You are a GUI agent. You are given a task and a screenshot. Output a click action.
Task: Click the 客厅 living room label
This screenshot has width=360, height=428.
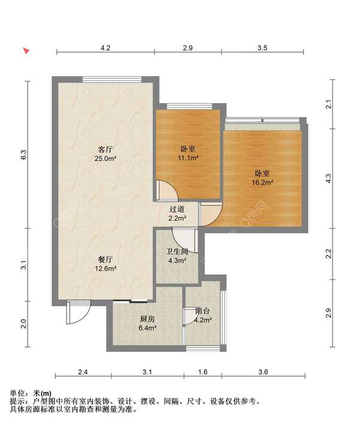(106, 149)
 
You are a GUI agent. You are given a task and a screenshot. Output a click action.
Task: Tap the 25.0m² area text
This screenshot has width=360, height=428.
(106, 158)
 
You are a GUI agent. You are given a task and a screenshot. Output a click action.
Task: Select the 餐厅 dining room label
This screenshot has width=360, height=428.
(106, 259)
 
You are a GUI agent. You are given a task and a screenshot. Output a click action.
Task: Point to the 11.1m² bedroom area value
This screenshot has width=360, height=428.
(188, 158)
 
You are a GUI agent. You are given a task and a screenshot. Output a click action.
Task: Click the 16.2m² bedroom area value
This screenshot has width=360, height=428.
(262, 182)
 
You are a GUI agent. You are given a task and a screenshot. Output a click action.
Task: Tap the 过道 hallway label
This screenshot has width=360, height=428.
(177, 209)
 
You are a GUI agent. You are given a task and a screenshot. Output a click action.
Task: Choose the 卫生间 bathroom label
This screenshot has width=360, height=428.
(177, 251)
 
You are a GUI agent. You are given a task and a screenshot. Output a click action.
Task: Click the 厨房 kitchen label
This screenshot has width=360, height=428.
(148, 318)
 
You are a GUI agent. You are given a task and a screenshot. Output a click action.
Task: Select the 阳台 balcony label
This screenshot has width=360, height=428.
(203, 311)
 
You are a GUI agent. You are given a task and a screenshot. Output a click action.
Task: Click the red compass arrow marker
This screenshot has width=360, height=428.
(26, 51)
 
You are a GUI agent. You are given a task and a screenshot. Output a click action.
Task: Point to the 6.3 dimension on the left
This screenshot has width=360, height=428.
(24, 155)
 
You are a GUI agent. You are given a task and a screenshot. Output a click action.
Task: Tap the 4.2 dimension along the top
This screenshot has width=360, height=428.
(106, 48)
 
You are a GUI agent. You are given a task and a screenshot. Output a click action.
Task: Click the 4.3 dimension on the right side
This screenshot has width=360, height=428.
(329, 178)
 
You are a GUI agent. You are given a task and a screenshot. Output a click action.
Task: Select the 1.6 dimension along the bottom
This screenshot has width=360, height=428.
(203, 372)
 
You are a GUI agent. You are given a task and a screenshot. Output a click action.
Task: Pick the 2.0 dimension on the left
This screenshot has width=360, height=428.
(24, 324)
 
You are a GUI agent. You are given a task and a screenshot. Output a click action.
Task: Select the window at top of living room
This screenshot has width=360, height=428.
(112, 80)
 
